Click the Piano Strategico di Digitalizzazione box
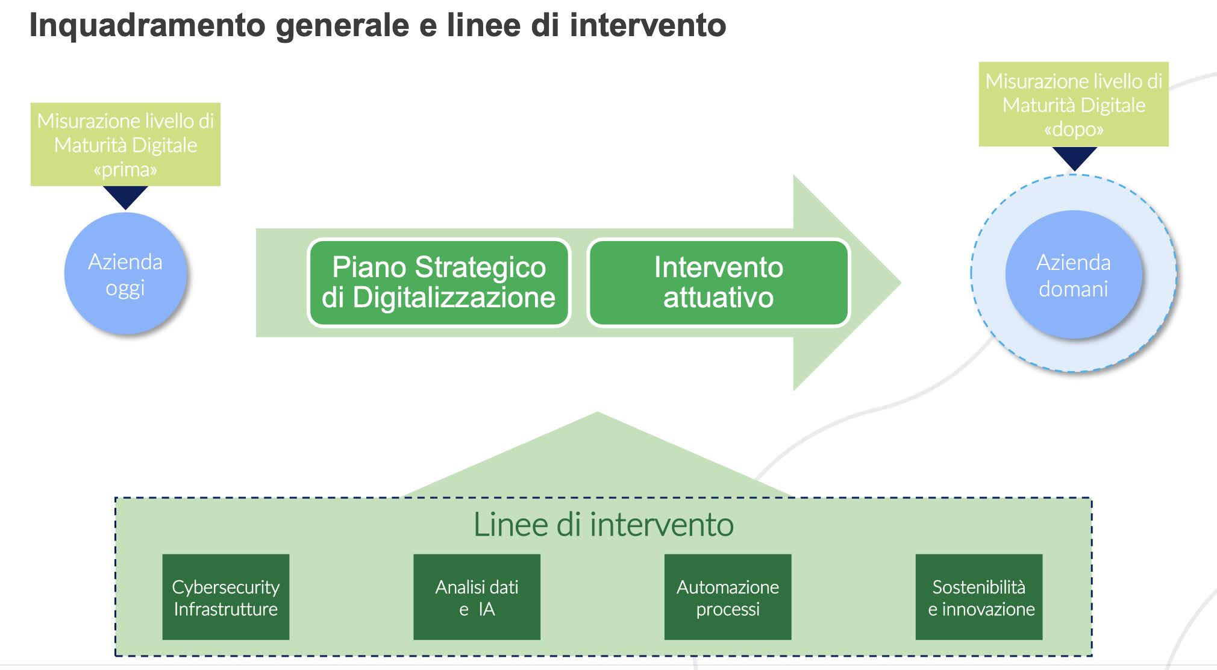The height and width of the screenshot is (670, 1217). coord(439,283)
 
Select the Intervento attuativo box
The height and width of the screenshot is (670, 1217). coord(718,283)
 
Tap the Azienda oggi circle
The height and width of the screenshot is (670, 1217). coord(125,274)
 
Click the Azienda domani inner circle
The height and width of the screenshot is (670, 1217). coord(1074,275)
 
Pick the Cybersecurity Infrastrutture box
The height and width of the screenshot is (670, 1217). coord(226,597)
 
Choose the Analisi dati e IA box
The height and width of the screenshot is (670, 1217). coord(477,597)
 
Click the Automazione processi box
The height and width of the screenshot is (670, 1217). coord(728,597)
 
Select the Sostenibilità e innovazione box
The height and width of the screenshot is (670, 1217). coord(979,597)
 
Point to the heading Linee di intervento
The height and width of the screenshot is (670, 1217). coord(603,524)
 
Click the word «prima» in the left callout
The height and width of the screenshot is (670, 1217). coord(125,170)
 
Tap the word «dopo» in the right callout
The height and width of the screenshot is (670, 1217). coord(1074,130)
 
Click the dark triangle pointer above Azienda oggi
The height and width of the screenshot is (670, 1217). coord(125,196)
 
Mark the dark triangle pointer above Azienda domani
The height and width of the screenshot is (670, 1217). coord(1074,157)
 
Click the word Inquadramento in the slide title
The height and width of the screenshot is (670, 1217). coord(148,25)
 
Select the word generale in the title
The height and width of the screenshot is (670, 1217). coord(343,25)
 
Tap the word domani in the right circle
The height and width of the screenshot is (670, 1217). coord(1074,289)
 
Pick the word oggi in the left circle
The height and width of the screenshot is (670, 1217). coord(125,288)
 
